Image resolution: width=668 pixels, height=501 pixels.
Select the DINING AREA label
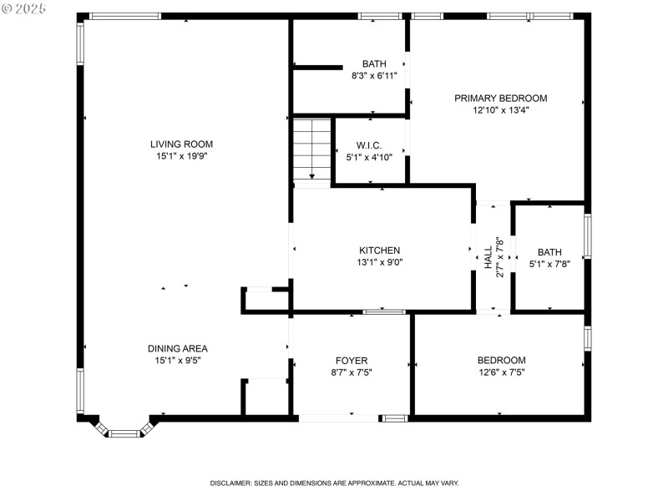pos(177,348)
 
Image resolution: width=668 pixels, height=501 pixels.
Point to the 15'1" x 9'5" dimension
pos(177,361)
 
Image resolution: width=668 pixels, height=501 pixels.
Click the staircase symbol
pos(311,149)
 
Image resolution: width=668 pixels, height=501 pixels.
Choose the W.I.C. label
pos(368,144)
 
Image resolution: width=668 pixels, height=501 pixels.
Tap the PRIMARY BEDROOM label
pos(500,98)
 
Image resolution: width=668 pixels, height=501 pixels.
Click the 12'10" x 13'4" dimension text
pos(500,109)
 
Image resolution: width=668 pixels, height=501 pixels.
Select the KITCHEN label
pos(379,250)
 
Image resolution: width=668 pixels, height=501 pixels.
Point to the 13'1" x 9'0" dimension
pos(379,262)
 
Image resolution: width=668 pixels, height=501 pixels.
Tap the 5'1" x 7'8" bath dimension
pos(549,264)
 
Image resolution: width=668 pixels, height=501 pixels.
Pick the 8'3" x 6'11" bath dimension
pos(373,75)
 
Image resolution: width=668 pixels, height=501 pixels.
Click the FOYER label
pos(352,360)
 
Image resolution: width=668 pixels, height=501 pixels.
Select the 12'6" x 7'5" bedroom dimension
pos(501,372)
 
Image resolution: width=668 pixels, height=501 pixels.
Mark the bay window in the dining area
pos(124,430)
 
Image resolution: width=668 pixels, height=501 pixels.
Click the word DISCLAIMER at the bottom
pos(233,483)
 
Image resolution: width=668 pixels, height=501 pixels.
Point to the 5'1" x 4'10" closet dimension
pos(368,156)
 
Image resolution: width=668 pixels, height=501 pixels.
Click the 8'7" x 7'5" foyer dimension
pos(352,372)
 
